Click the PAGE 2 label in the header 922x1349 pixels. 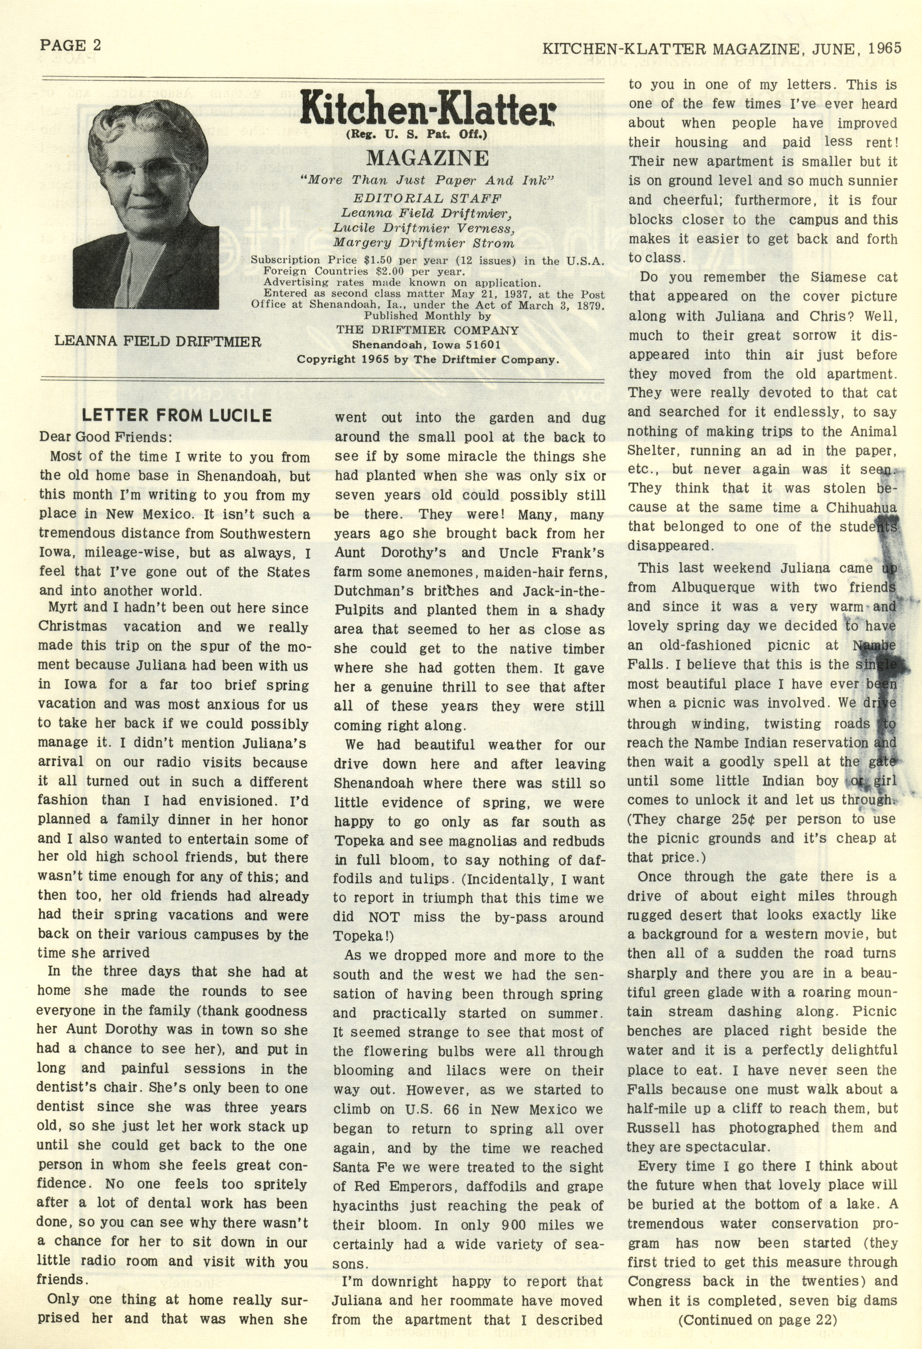70,45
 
